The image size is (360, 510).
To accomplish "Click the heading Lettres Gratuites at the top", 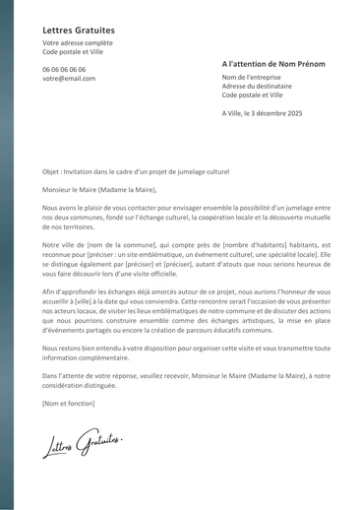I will coord(78,31).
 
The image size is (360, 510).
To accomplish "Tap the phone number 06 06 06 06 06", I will coord(64,70).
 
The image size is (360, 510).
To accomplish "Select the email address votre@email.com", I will coord(69,79).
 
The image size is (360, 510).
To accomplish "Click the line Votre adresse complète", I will coord(78,43).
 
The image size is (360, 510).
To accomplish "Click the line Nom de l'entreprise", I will coord(251,77).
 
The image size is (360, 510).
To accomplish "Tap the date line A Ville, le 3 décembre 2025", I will coord(262,114).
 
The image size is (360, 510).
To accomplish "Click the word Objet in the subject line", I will coord(51,171).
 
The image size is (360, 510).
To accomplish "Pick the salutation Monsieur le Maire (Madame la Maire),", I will coord(99,189).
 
